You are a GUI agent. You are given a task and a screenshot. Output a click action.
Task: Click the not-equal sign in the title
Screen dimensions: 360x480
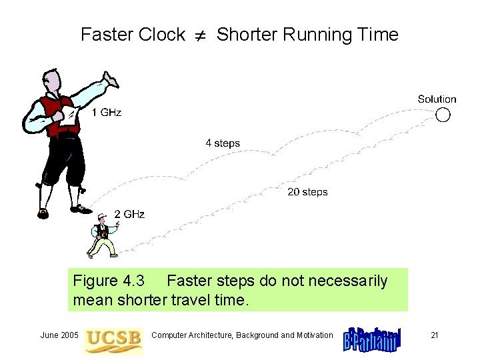pos(201,35)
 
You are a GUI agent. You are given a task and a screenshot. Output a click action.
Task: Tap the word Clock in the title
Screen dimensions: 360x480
pos(163,35)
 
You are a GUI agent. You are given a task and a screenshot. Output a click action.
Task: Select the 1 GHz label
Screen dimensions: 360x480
pos(106,112)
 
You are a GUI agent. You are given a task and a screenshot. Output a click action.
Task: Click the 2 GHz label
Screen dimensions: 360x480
pos(129,214)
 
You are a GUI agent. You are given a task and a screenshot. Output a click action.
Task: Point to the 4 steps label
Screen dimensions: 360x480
pos(222,143)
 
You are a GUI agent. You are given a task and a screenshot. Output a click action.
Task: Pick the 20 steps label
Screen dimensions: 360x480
pos(307,192)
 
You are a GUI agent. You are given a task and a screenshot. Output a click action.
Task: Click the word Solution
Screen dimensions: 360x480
pos(437,99)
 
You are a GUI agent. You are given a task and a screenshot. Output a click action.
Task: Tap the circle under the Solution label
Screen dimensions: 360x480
pos(443,115)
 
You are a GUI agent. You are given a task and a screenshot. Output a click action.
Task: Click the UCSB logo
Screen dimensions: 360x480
pos(113,337)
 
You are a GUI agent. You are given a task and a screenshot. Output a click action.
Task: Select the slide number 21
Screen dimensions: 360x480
pos(434,335)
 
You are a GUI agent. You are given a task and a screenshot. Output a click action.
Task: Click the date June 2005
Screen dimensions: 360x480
pos(59,335)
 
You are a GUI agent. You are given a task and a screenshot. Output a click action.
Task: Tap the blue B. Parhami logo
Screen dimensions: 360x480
pos(372,338)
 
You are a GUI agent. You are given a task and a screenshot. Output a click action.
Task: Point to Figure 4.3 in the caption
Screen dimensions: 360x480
pos(109,281)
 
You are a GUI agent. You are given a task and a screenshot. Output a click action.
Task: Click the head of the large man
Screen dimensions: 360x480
pos(53,82)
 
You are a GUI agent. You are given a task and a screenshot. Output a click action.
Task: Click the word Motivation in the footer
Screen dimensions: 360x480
pos(311,335)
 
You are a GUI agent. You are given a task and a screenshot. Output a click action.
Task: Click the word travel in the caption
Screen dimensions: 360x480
pos(194,300)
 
